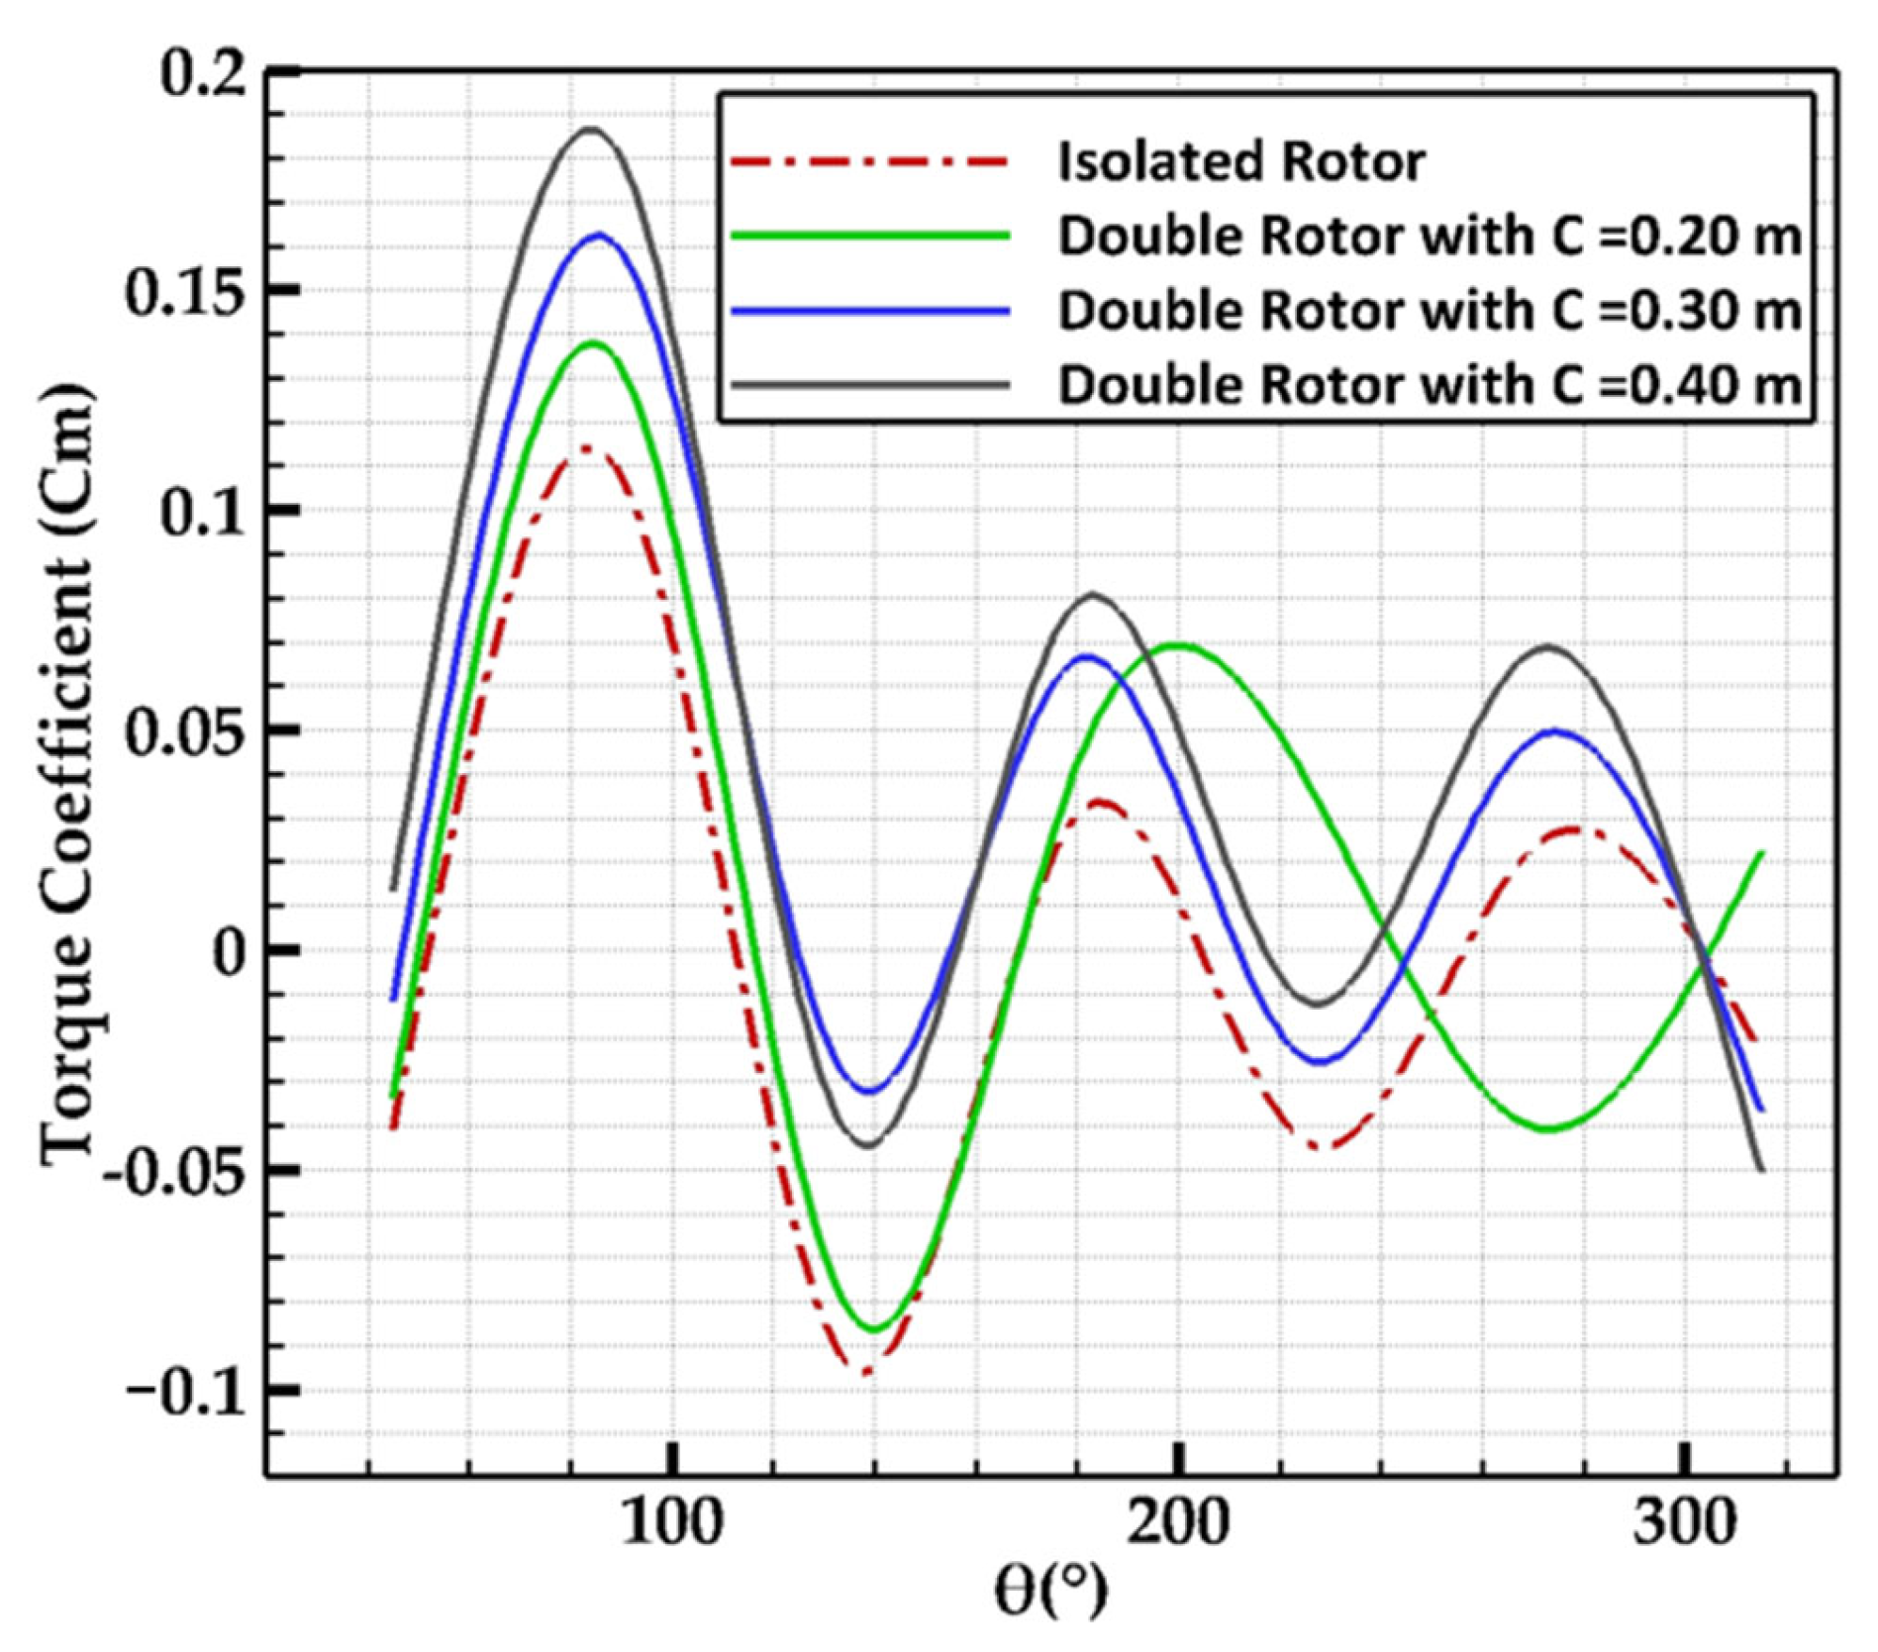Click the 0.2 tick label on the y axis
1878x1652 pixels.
pyautogui.click(x=203, y=75)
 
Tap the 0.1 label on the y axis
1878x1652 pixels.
pyautogui.click(x=203, y=515)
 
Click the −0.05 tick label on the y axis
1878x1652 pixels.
pyautogui.click(x=174, y=1174)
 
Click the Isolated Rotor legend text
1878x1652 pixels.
pyautogui.click(x=1241, y=161)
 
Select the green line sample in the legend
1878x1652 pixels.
pyautogui.click(x=870, y=236)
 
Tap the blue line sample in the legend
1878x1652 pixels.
pyautogui.click(x=870, y=311)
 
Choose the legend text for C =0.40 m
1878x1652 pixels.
pyautogui.click(x=1430, y=385)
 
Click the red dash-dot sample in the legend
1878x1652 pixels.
pyautogui.click(x=870, y=161)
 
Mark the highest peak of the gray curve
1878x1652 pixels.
pyautogui.click(x=592, y=129)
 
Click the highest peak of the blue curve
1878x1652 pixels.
pyautogui.click(x=599, y=235)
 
